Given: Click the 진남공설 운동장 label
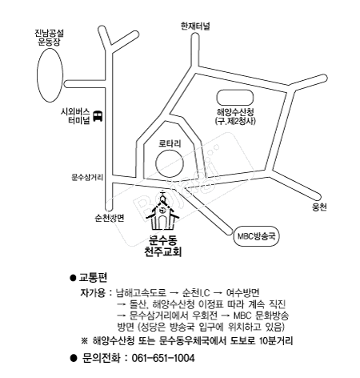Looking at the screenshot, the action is (50, 38).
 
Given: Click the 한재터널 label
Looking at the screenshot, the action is (195, 26).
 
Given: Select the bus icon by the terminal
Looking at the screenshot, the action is (98, 116).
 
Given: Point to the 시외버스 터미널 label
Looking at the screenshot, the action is (76, 116).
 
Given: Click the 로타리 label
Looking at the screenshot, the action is (170, 143).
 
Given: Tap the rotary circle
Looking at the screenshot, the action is (170, 163).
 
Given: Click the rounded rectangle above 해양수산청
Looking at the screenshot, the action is (235, 98).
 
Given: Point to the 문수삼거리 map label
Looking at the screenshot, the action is (87, 177).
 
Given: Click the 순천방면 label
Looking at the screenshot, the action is (110, 218).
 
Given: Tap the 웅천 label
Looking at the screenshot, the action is (319, 207).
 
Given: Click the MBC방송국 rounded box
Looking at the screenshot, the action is (256, 236).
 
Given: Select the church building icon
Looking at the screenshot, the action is (162, 211).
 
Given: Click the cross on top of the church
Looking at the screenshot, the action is (162, 193).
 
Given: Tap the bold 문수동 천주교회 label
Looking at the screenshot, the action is (162, 246).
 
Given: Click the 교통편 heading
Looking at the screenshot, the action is (93, 278).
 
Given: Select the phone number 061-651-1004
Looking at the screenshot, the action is (163, 358).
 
